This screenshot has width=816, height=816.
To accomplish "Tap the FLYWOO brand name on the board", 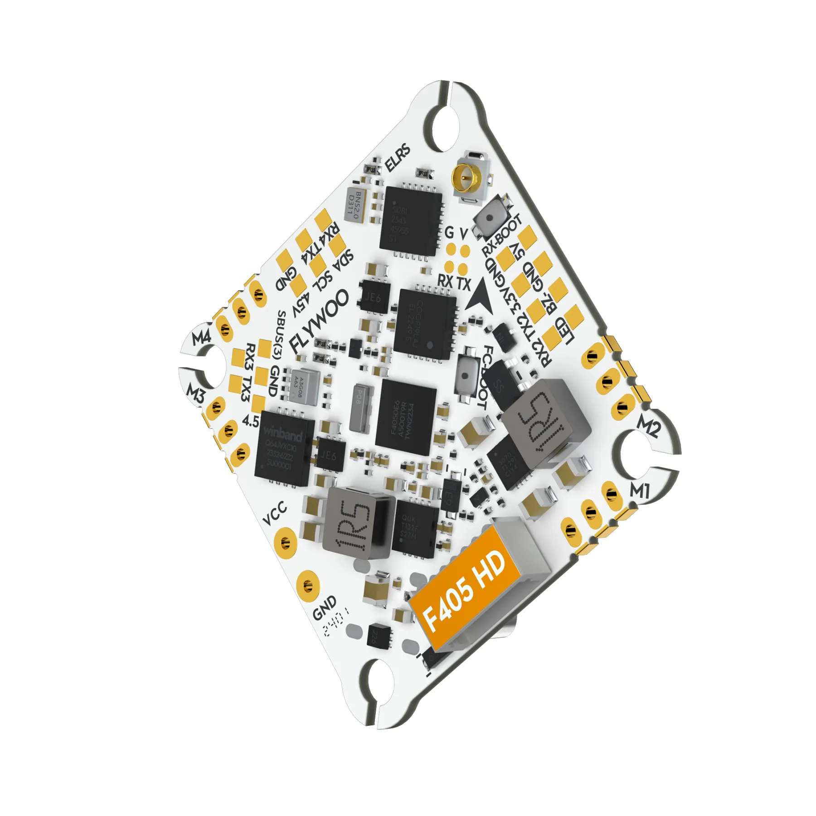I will point(320,321).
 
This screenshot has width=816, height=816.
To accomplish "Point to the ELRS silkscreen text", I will point(398,158).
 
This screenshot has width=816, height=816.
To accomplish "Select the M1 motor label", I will point(640,491).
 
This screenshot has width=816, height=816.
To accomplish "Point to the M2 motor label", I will point(648,426).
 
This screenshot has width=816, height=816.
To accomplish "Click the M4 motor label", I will point(202,338).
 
